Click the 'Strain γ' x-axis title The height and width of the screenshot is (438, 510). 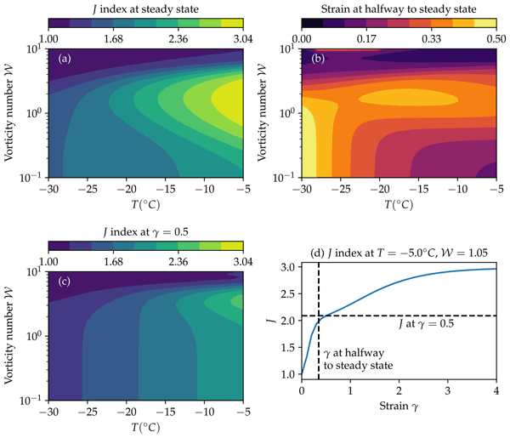click(398, 428)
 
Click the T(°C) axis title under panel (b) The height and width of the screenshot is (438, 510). click(398, 205)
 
